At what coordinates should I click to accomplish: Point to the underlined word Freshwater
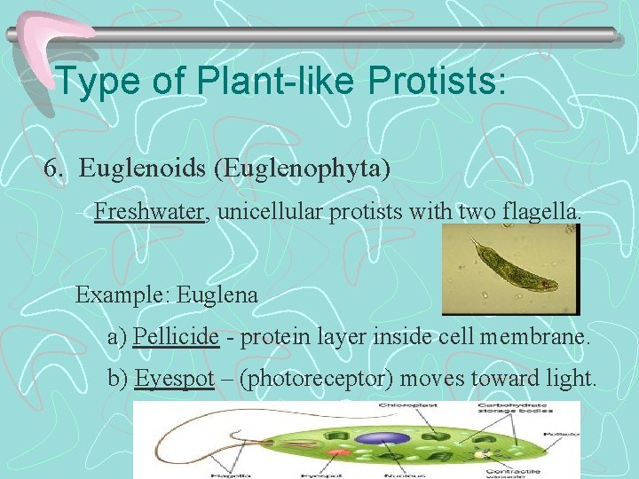tap(149, 212)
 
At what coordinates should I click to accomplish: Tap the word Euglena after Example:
tap(217, 295)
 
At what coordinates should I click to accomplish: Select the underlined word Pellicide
tap(177, 337)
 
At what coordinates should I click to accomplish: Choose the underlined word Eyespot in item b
tap(175, 379)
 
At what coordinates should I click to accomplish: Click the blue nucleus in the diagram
tap(383, 439)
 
